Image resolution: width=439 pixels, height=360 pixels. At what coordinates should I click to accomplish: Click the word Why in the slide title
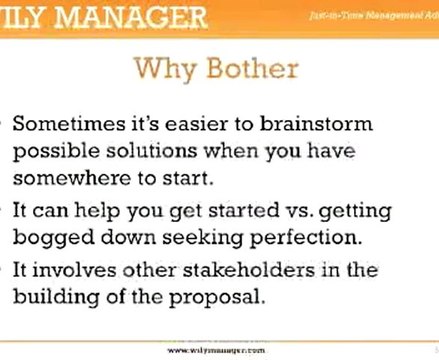click(165, 70)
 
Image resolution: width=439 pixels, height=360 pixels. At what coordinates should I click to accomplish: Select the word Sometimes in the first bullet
click(68, 126)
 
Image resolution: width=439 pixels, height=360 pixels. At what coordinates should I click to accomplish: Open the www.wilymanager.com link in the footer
click(218, 351)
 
